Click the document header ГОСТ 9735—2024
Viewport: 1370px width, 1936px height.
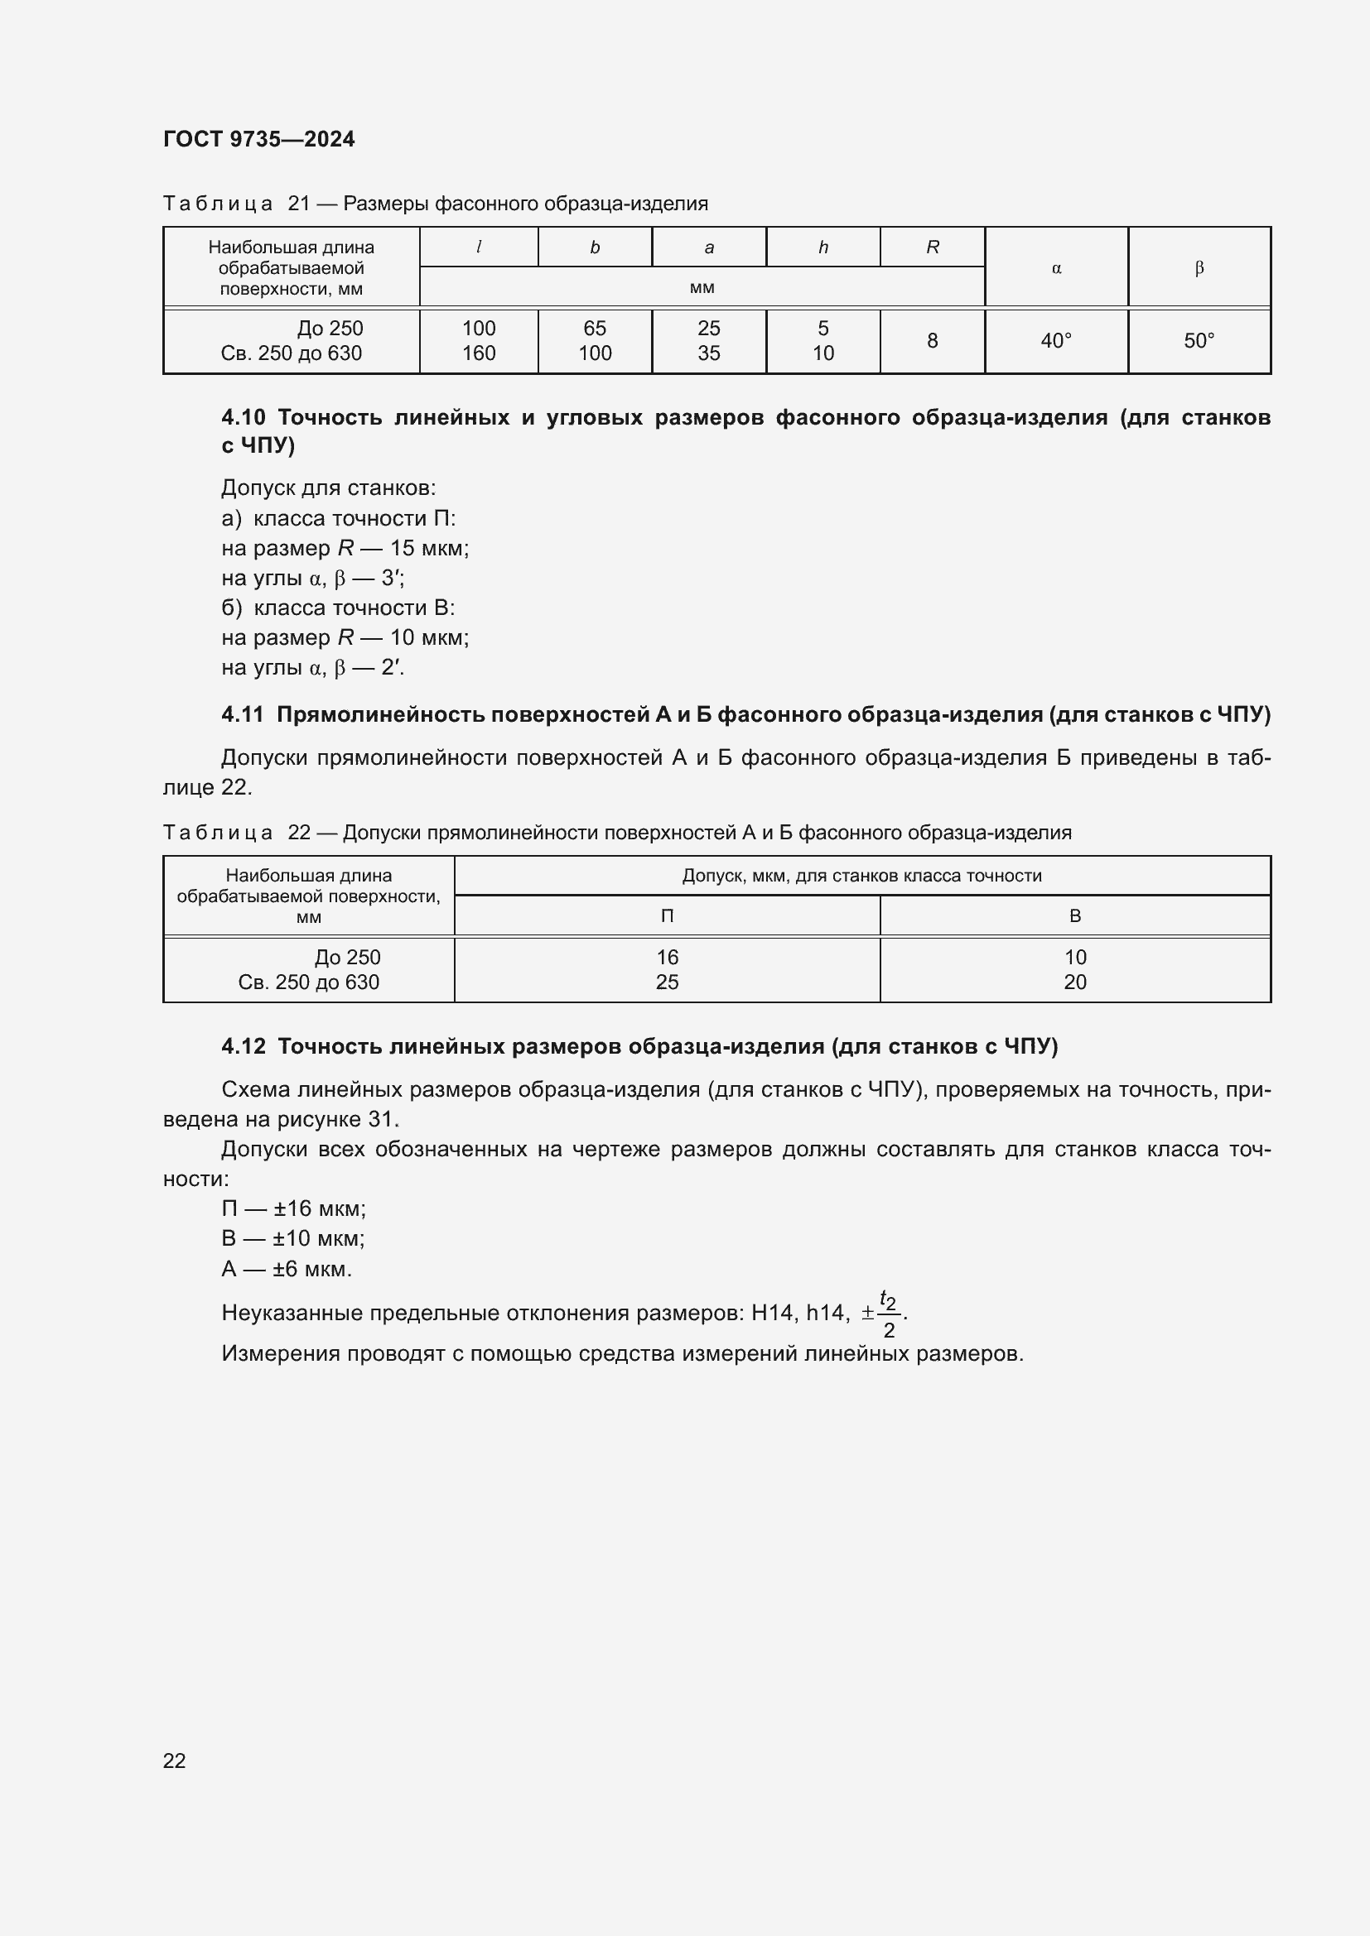259,139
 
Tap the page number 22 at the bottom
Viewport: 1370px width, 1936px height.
175,1760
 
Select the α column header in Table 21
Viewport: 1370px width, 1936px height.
1055,268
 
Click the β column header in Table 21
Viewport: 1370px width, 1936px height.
1199,268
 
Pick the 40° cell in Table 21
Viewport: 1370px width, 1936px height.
1055,341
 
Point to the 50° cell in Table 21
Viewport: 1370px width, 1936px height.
1199,341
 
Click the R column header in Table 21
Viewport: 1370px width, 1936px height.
932,247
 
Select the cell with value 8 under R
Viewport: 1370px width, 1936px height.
932,341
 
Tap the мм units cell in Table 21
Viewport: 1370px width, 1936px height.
702,287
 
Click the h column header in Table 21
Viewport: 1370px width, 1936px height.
822,247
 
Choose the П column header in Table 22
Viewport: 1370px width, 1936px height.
667,915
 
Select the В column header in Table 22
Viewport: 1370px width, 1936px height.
1075,915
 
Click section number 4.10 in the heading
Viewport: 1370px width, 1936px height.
243,417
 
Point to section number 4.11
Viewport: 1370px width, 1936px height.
243,715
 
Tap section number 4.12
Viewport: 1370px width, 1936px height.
243,1046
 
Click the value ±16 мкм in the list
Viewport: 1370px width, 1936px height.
320,1208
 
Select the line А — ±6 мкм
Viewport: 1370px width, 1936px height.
286,1269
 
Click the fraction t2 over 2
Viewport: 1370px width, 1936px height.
888,1314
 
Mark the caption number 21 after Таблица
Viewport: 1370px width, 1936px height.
300,204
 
